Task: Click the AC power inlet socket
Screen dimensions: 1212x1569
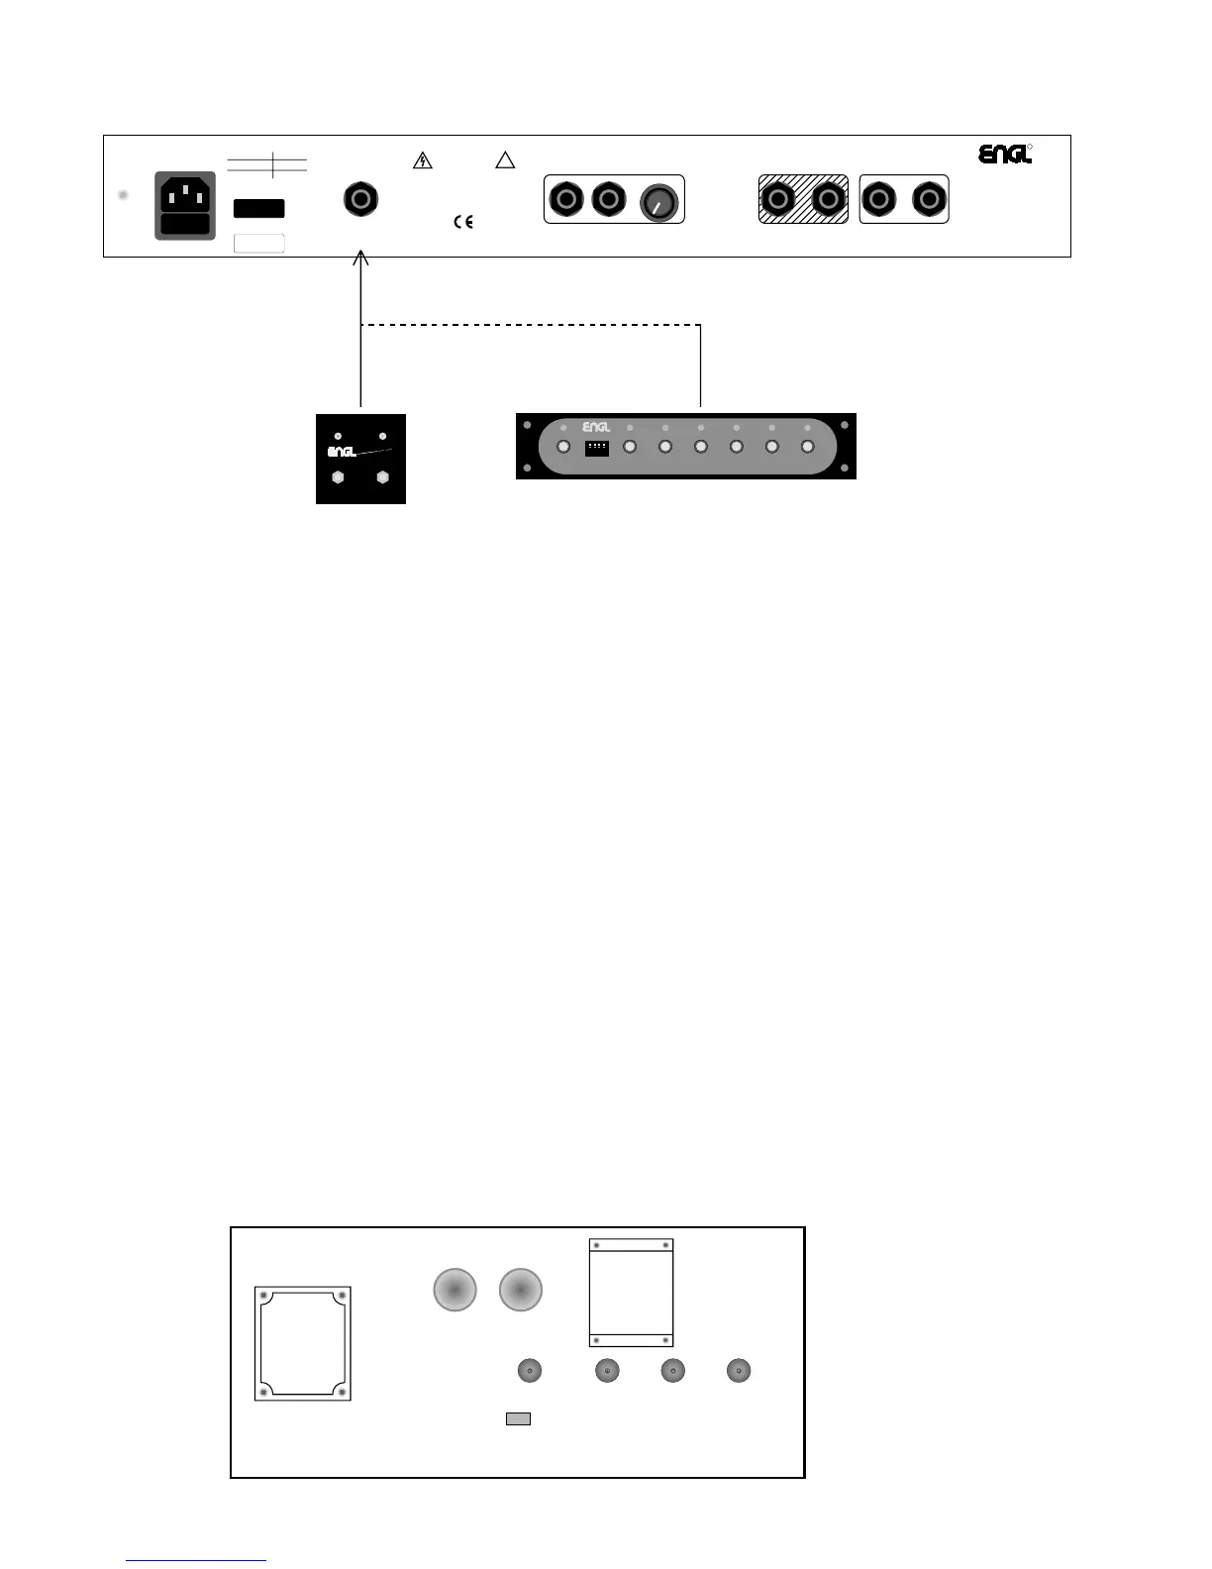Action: (185, 205)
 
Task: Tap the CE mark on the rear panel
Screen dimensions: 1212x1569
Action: (463, 223)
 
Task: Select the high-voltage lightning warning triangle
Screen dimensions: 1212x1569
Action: (423, 160)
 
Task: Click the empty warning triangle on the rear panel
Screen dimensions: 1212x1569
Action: (505, 160)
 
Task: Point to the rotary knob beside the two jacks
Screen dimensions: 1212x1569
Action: (656, 202)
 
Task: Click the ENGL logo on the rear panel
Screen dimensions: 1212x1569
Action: (1005, 155)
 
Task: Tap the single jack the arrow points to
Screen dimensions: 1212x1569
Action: (361, 199)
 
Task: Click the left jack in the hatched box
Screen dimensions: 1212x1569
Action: (779, 200)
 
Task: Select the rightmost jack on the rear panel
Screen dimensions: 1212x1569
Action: (929, 200)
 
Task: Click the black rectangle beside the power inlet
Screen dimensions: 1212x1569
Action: (258, 208)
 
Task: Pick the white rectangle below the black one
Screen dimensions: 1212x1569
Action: (258, 243)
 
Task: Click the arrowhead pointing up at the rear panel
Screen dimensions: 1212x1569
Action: (361, 259)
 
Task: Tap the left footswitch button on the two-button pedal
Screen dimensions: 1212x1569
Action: (339, 477)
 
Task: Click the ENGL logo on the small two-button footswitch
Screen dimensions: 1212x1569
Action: (342, 453)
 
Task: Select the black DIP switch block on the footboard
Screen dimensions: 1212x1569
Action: (597, 448)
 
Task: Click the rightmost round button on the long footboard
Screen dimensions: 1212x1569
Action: (807, 447)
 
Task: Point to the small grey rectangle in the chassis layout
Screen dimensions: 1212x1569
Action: (518, 1418)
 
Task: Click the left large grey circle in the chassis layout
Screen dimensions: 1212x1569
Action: (455, 1291)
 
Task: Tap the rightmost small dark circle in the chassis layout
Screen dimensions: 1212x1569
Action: (739, 1371)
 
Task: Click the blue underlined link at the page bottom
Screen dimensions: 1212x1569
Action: (196, 1560)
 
